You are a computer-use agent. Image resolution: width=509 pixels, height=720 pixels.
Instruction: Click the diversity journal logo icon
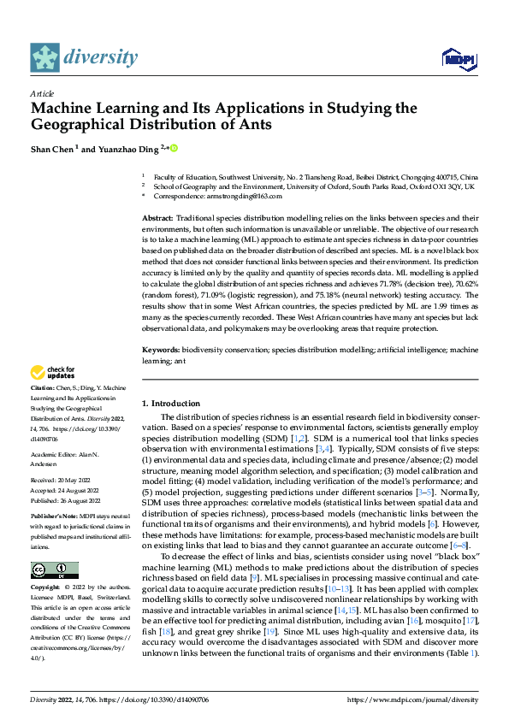click(x=44, y=57)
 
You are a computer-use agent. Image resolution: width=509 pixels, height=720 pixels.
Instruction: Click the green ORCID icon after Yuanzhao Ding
click(x=173, y=148)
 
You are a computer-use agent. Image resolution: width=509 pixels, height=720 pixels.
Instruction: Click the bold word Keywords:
click(x=160, y=351)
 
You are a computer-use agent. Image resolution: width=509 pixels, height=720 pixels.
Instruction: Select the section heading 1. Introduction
click(x=170, y=402)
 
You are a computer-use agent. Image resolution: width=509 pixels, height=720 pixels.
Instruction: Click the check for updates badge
click(x=53, y=372)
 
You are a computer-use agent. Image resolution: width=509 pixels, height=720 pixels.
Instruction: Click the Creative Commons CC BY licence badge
click(x=54, y=546)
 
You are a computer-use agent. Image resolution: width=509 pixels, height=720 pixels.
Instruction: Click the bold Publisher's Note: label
click(x=54, y=517)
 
